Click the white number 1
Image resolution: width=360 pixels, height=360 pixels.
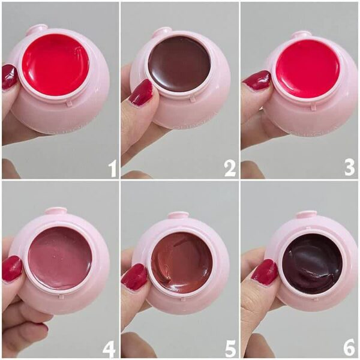coord(113,169)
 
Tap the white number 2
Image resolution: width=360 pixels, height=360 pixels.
coord(230,169)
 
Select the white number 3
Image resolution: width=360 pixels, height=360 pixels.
coord(349,168)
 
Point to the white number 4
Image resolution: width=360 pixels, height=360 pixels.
coord(109,349)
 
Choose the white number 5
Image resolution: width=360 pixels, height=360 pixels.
coord(230,349)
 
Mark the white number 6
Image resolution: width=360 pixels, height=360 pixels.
coord(349,348)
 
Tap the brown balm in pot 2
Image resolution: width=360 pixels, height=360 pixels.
coord(179,62)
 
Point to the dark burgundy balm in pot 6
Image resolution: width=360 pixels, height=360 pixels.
coord(312,263)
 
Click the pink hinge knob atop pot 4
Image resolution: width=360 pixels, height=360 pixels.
coord(56,211)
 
